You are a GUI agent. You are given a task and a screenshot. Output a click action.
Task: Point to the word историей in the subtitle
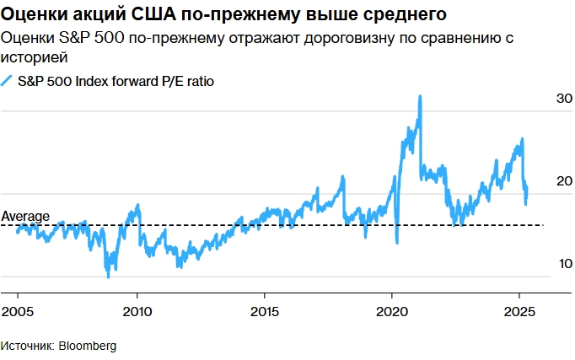tap(34, 57)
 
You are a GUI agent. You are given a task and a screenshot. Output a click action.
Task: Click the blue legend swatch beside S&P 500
tap(8, 81)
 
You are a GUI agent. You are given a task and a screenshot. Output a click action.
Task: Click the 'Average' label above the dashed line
tap(25, 217)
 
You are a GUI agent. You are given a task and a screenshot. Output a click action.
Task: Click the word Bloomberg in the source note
tap(88, 347)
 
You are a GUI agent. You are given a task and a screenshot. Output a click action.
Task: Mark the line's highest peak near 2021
tap(420, 97)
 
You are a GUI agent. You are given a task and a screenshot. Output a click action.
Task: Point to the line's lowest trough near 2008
tap(108, 276)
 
